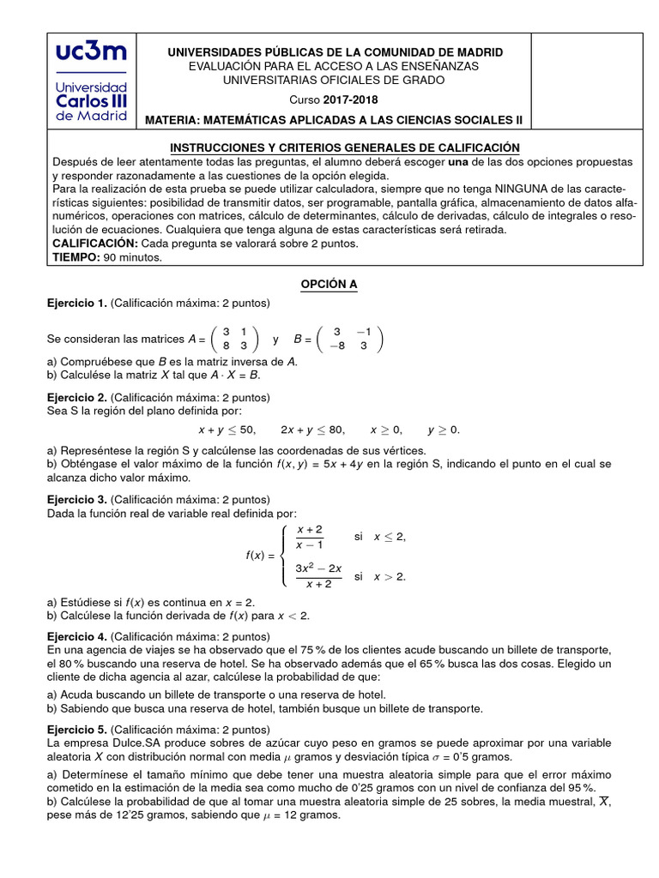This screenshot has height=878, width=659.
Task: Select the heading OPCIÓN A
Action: pos(328,286)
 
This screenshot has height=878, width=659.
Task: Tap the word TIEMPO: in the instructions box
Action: pos(76,257)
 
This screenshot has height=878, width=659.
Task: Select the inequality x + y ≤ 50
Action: pos(227,430)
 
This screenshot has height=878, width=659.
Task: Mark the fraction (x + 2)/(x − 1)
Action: pos(309,538)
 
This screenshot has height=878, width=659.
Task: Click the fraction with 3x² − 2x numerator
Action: pos(318,576)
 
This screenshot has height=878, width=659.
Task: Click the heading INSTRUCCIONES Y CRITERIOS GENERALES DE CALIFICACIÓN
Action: pos(345,147)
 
